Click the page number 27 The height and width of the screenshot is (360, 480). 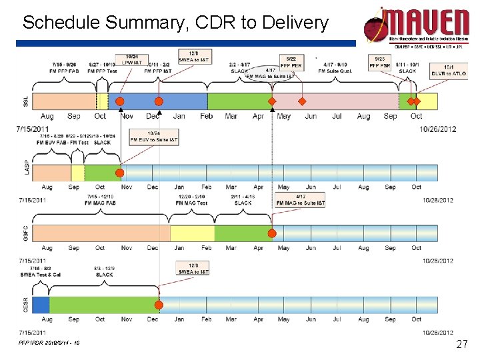461,345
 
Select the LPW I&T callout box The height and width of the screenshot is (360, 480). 133,59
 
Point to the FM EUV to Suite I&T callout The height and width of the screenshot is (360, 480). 154,137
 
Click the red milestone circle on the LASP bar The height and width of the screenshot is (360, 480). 120,173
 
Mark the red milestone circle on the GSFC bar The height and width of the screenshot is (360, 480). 272,233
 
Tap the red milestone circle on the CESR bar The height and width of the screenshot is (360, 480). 159,305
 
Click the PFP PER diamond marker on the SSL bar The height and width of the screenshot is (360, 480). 301,101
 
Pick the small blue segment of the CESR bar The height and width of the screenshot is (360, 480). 40,305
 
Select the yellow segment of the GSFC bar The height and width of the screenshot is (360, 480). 191,233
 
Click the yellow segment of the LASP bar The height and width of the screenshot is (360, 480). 77,173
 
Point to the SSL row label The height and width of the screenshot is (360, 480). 26,101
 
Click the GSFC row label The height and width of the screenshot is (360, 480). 26,233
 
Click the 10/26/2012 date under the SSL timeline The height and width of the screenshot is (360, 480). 439,129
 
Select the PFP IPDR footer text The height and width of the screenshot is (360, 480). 50,343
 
